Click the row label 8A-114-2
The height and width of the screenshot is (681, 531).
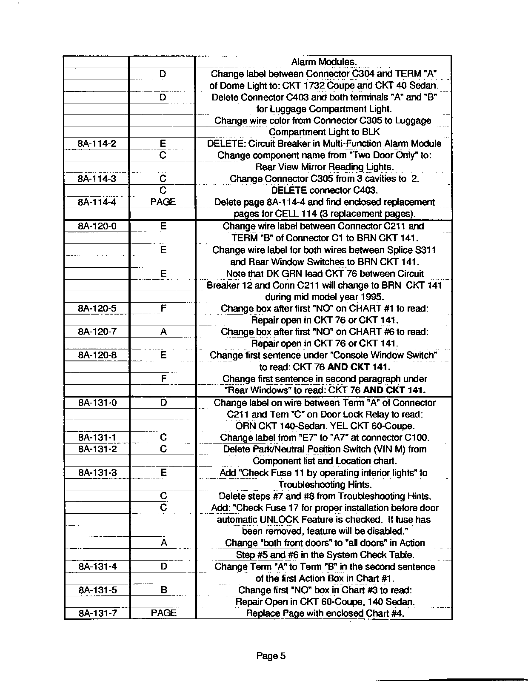(97, 144)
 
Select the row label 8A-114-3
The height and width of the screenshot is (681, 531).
(97, 179)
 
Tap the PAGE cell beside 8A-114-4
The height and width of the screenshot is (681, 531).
(163, 202)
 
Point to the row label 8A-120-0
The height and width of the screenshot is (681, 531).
(97, 226)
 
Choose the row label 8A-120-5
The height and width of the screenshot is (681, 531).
(97, 308)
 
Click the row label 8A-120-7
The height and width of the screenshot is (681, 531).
(97, 332)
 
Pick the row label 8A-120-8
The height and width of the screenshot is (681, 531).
(97, 355)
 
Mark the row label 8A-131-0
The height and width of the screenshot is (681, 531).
(97, 402)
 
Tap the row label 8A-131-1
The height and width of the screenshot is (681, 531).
(97, 438)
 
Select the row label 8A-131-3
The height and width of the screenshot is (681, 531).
(97, 472)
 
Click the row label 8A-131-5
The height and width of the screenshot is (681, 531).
(97, 590)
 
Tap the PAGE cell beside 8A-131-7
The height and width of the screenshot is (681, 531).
(163, 613)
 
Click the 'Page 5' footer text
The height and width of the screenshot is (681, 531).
(271, 656)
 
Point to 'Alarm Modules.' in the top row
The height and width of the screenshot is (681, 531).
(324, 62)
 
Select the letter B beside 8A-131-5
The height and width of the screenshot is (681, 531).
(163, 590)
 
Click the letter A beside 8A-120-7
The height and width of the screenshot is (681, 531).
(163, 332)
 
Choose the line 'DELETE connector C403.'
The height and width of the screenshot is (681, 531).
(324, 190)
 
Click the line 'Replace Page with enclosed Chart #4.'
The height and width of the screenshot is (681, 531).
(325, 613)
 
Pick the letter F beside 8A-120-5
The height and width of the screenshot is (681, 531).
(163, 308)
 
